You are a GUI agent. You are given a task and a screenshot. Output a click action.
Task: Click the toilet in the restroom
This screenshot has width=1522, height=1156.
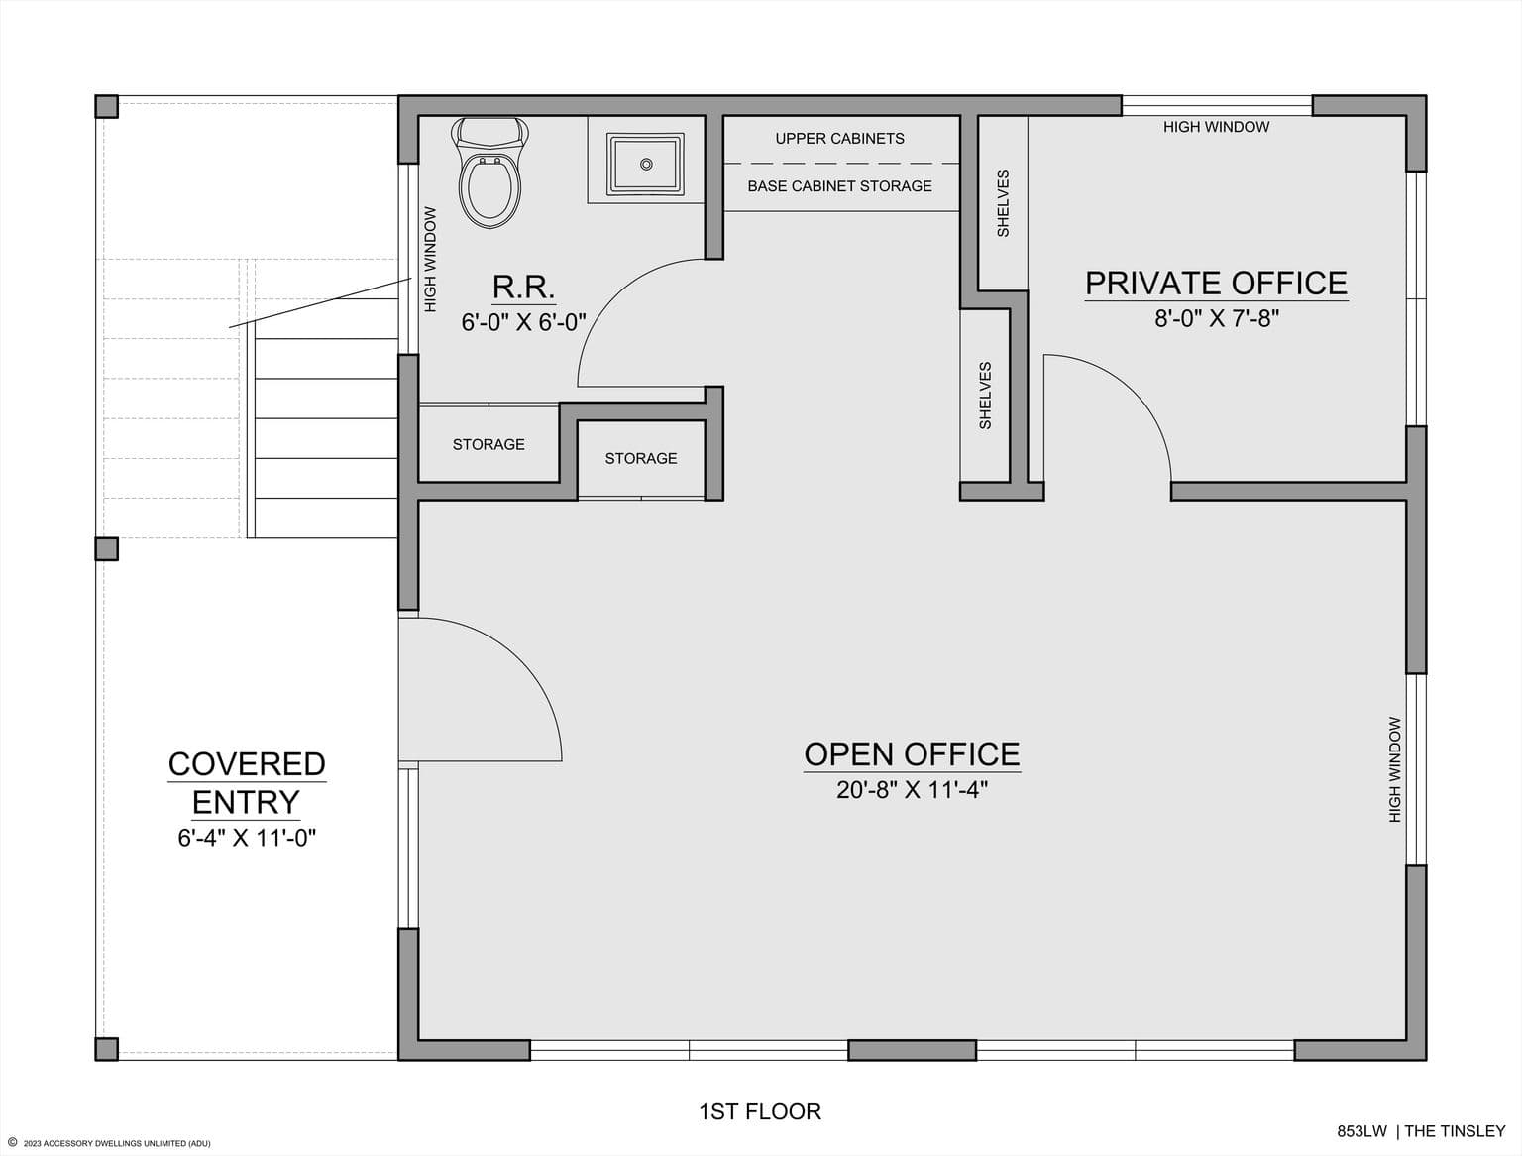[x=489, y=173]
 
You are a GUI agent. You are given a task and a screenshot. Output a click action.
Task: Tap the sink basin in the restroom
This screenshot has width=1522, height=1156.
[x=645, y=165]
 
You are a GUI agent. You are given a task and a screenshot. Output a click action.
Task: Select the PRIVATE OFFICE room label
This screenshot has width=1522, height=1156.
[x=1216, y=283]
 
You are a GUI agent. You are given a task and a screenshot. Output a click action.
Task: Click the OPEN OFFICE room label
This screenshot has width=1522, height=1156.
[x=912, y=754]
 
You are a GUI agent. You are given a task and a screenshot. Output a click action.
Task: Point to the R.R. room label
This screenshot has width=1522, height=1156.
[x=523, y=288]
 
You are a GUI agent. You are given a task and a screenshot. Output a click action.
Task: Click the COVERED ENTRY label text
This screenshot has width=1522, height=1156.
[x=247, y=783]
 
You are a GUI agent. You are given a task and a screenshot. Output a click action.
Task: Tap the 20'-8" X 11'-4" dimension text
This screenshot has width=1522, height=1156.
[x=912, y=790]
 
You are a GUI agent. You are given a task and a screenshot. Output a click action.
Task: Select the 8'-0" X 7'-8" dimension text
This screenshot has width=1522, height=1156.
[x=1216, y=318]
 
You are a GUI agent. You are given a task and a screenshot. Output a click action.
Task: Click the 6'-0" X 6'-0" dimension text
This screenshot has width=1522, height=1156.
[x=523, y=322]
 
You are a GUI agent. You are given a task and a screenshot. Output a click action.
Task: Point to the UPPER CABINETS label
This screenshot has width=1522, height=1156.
[x=839, y=139]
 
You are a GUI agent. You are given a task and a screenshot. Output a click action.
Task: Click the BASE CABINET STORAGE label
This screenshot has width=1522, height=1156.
[x=839, y=186]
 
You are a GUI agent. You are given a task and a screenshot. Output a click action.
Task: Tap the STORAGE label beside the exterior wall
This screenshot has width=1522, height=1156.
[x=489, y=444]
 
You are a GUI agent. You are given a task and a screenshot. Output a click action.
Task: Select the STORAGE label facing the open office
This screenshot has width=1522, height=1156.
[x=641, y=458]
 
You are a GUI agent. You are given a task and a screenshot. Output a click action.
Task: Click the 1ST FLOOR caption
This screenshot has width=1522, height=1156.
[x=760, y=1111]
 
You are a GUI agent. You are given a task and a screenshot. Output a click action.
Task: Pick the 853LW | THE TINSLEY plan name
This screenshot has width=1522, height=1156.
[x=1422, y=1132]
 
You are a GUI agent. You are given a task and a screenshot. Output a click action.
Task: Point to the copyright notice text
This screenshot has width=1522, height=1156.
[x=110, y=1143]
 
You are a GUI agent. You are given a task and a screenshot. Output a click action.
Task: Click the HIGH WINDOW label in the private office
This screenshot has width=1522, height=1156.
[x=1216, y=127]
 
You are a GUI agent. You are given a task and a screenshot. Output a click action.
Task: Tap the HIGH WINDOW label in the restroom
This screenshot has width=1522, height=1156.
[x=431, y=260]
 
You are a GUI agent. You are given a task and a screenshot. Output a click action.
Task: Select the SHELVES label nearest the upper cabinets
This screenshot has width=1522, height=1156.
[x=1003, y=203]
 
